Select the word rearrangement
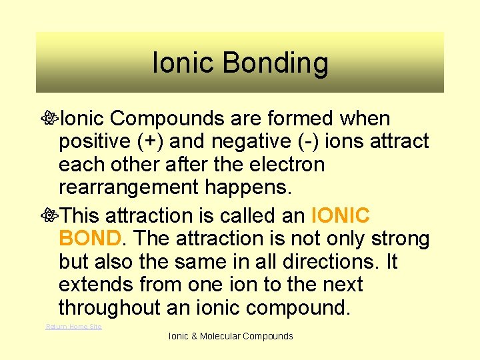click(x=129, y=187)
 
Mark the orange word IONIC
click(x=340, y=216)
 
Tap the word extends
click(x=96, y=285)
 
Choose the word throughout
click(x=110, y=307)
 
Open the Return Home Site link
click(x=73, y=326)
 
